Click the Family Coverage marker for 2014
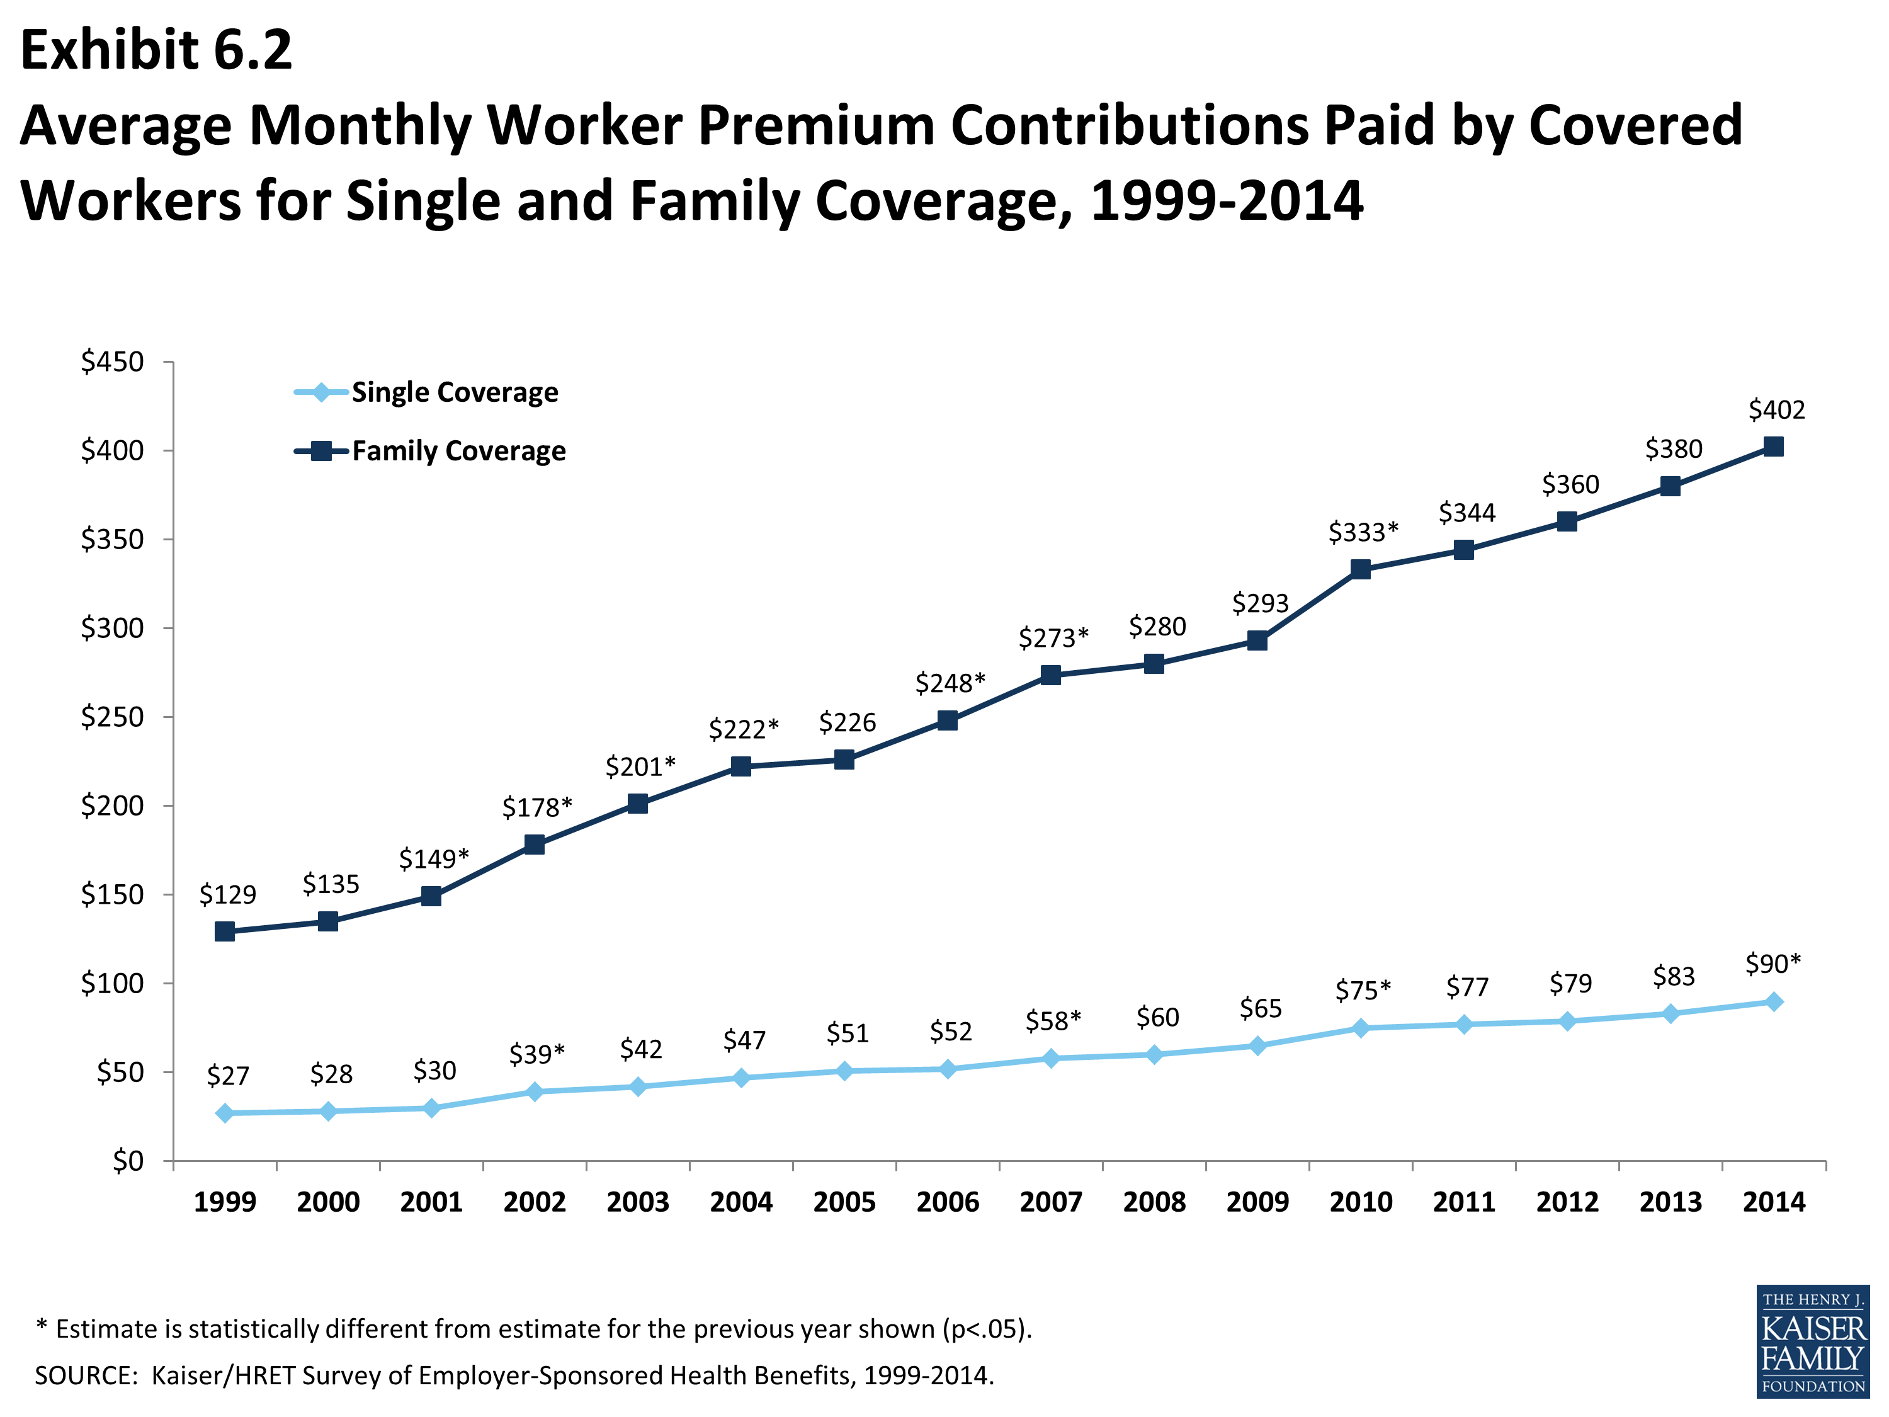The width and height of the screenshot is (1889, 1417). pos(1773,447)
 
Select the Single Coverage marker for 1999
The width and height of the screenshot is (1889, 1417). pos(225,1113)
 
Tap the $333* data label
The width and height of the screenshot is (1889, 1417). pos(1363,532)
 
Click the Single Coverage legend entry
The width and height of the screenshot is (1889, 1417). pos(455,392)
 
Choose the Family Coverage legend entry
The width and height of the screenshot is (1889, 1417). pos(458,451)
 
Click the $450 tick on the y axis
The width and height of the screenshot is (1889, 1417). pos(112,362)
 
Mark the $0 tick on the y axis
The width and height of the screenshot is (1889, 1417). pos(128,1161)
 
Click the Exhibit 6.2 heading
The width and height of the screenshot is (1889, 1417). pos(156,50)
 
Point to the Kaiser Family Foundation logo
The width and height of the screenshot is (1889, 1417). pos(1812,1341)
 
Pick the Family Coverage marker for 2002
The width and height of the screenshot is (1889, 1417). pos(535,845)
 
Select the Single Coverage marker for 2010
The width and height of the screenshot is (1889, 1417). pos(1360,1028)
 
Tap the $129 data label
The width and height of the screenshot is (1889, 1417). pos(227,894)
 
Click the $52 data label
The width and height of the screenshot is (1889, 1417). pos(950,1032)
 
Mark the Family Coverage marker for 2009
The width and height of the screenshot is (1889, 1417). pos(1257,640)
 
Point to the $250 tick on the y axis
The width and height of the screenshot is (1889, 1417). pos(112,717)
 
